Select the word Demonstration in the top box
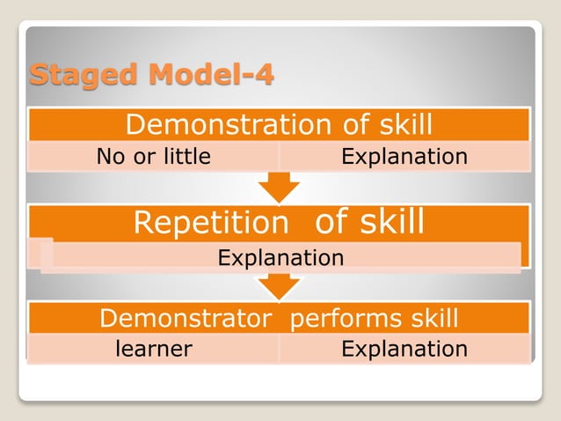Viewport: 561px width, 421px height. point(224,125)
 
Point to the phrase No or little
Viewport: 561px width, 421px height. point(154,157)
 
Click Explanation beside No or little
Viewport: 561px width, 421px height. point(404,157)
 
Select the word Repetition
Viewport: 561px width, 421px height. point(210,223)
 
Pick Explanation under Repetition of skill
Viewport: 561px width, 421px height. point(280,258)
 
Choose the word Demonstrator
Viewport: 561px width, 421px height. point(185,318)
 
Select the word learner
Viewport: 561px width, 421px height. point(154,349)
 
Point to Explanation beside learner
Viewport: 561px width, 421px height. point(404,349)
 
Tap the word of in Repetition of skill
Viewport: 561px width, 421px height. point(331,222)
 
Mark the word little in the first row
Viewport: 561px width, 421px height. point(185,157)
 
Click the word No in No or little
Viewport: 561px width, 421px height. point(110,157)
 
